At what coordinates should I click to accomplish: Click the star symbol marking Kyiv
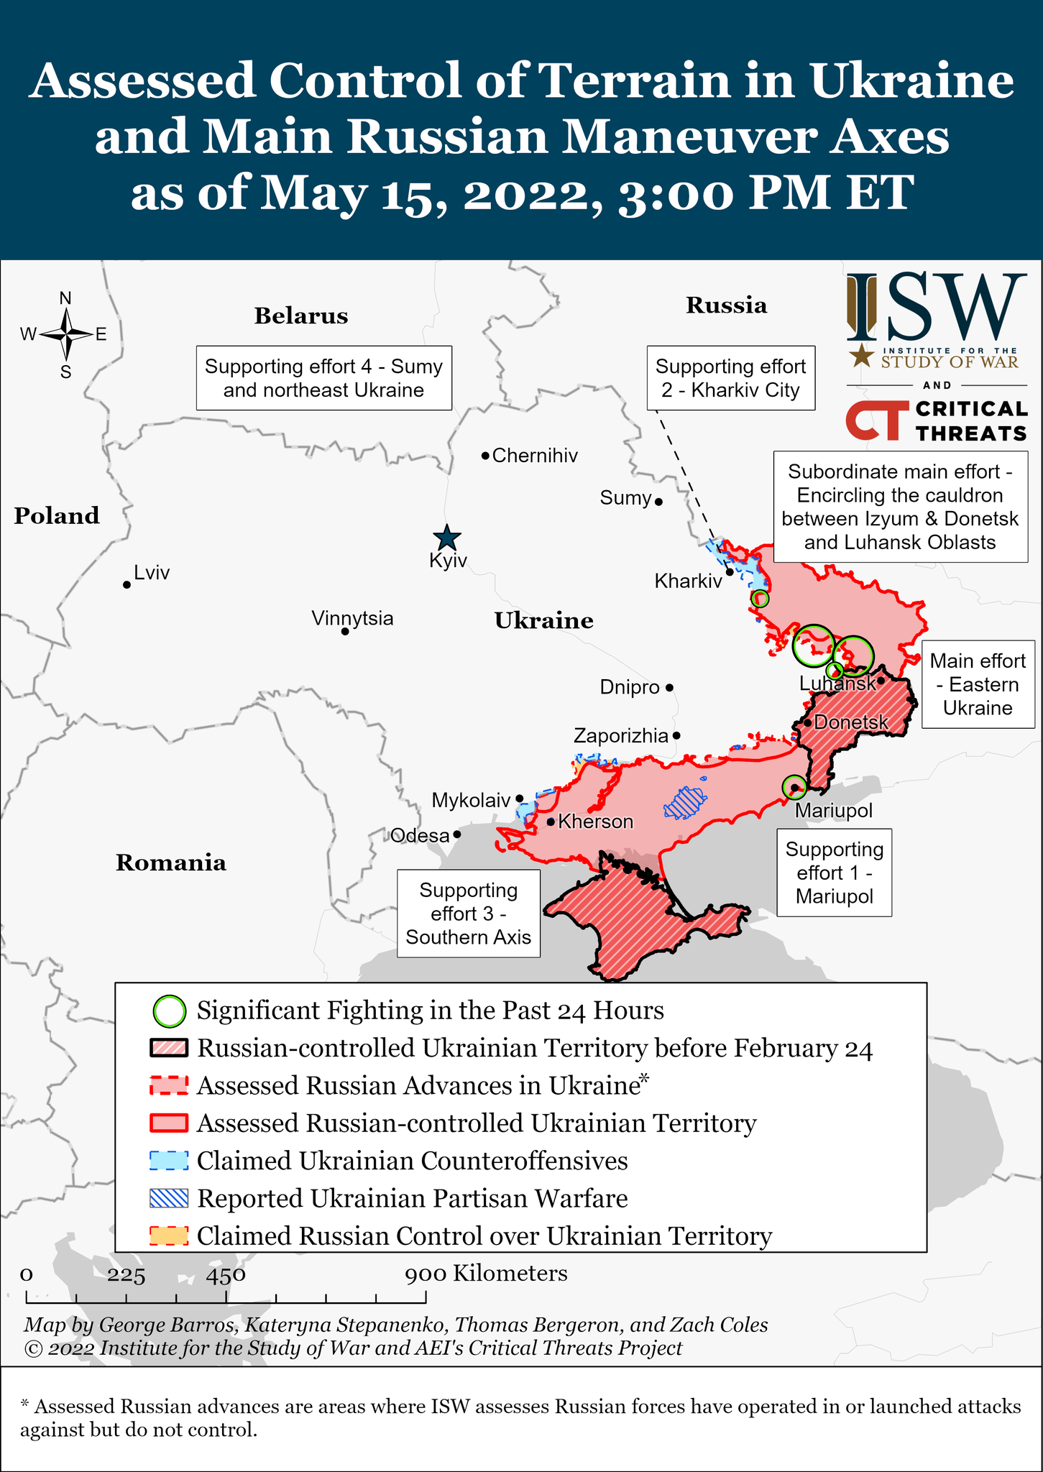tap(447, 538)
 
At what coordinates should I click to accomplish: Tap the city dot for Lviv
tap(127, 584)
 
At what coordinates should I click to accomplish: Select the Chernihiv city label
tap(535, 456)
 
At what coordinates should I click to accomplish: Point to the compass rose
tap(66, 334)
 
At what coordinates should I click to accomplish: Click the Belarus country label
tap(300, 316)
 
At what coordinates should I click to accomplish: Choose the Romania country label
tap(171, 862)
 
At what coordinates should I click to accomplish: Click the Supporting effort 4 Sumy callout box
tap(323, 378)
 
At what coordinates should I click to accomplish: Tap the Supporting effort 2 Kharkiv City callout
tap(730, 378)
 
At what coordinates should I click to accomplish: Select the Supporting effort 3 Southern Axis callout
tap(469, 914)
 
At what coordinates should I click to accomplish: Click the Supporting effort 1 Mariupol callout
tap(834, 873)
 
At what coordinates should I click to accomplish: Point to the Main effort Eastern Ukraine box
tap(978, 684)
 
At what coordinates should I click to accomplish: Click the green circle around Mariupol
tap(794, 787)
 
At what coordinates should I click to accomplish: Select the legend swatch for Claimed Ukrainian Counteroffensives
tap(169, 1161)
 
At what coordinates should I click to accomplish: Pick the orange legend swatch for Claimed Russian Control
tap(169, 1236)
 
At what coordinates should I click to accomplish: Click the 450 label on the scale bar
tap(226, 1275)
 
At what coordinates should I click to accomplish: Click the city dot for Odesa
tap(457, 835)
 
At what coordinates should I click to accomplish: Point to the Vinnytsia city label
tap(352, 618)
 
